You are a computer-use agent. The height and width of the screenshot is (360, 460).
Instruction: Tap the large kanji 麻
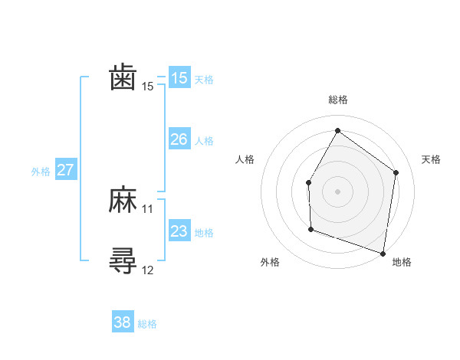tap(123, 201)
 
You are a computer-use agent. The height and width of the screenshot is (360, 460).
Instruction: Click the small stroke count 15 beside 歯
tap(148, 87)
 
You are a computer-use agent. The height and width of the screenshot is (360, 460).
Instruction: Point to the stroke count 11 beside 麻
tap(148, 209)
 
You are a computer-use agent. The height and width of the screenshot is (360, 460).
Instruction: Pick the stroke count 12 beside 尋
tap(148, 270)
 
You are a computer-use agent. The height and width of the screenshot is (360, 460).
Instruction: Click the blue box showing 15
tap(179, 78)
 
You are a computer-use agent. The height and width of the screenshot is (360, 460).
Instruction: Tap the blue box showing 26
tap(179, 139)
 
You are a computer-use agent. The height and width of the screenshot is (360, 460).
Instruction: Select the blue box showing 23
tap(179, 231)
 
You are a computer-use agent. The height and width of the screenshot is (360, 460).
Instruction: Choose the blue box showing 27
tap(65, 170)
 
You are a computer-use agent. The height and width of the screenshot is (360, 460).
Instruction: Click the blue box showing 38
tap(123, 322)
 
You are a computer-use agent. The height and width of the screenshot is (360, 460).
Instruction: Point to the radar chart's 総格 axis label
tap(338, 100)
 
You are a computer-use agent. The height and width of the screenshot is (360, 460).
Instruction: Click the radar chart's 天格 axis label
tap(432, 159)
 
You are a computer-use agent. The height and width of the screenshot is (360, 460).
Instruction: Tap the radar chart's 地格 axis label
tap(402, 262)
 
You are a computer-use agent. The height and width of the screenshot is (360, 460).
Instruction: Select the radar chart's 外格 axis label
tap(270, 262)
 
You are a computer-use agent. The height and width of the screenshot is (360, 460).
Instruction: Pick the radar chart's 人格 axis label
tap(245, 159)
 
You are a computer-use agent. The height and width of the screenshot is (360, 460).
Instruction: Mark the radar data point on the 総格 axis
tap(337, 130)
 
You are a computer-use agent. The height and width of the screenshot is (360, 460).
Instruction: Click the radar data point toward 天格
tap(396, 172)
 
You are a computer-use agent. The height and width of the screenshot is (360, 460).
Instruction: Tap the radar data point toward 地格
tap(383, 253)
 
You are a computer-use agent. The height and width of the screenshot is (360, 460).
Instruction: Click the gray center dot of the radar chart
tap(337, 191)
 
